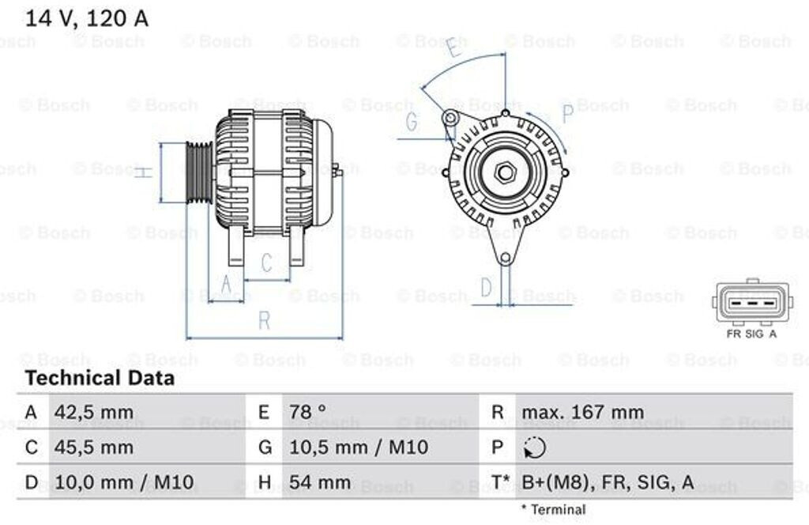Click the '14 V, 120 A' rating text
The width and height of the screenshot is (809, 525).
[x=87, y=19]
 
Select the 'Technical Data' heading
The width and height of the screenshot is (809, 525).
[x=100, y=378]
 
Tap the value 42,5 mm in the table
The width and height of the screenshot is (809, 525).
[x=94, y=413]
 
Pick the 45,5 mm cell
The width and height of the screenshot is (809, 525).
[x=94, y=447]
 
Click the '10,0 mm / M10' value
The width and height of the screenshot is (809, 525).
[x=124, y=482]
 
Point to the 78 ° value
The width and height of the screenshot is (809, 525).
[x=307, y=412]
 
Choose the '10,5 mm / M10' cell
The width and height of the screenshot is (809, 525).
[x=359, y=447]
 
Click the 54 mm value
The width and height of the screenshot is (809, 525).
[x=320, y=482]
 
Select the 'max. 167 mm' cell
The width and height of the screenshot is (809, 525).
[x=583, y=412]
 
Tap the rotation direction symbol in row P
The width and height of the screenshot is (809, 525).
[x=535, y=448]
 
